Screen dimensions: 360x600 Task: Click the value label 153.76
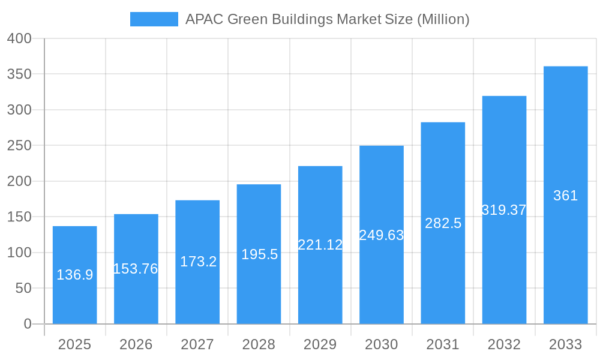click(x=136, y=269)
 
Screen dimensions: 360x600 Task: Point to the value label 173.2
click(x=198, y=262)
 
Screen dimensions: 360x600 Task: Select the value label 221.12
click(x=320, y=245)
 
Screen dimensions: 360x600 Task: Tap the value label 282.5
click(x=443, y=223)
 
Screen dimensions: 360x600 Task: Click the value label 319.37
click(x=504, y=210)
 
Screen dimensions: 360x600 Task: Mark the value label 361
click(x=565, y=196)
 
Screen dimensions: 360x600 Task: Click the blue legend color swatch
click(x=154, y=19)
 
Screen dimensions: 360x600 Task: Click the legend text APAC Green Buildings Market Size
click(x=327, y=19)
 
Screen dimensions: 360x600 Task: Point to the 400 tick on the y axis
click(x=19, y=38)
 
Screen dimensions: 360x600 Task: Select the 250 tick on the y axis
click(x=19, y=146)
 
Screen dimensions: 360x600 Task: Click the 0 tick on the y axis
click(x=28, y=324)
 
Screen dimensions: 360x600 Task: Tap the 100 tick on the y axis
click(x=19, y=253)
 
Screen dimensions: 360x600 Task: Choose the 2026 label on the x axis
click(x=136, y=344)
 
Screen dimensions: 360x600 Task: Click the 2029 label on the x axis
click(x=320, y=344)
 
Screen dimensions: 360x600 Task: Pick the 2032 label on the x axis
click(x=504, y=344)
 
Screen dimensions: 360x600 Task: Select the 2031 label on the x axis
click(x=443, y=344)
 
